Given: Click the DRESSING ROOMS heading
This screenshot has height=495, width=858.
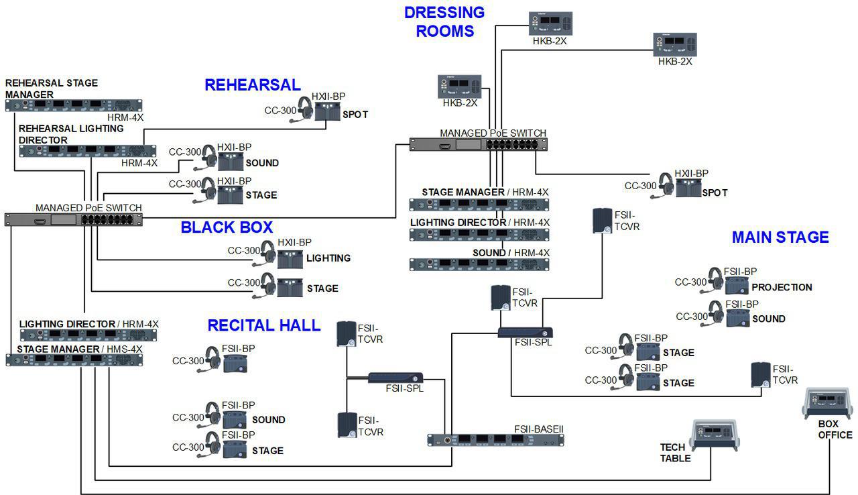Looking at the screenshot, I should coord(444,21).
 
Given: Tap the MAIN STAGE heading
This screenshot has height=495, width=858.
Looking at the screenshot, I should coord(780,237).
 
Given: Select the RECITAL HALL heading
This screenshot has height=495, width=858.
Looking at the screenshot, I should coord(263,325).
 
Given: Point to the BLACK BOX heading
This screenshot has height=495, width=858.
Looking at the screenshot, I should coord(227,227).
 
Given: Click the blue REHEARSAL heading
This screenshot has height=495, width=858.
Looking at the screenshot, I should coord(252,85).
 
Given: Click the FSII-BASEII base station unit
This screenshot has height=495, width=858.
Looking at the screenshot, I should coord(495,440).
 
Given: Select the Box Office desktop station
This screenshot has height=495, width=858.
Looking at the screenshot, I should coord(829,402).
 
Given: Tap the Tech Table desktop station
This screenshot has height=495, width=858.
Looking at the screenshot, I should coord(714,435).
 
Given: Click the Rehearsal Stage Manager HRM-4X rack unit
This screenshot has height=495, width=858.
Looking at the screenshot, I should coord(74,105).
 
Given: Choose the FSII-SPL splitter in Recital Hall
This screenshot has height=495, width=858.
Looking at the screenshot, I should coord(395,378).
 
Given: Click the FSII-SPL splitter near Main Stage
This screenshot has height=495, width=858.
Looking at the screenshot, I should coord(525,332).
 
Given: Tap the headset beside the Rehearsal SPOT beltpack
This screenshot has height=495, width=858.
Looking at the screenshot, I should coord(305,109).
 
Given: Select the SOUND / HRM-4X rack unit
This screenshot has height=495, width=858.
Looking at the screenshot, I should coord(479,264).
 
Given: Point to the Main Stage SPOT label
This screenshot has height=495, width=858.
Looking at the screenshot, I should coord(715,192).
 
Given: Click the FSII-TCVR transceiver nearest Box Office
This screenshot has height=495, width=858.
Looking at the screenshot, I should coord(760,375).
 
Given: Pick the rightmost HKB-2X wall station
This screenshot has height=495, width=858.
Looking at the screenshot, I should coord(674,44).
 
